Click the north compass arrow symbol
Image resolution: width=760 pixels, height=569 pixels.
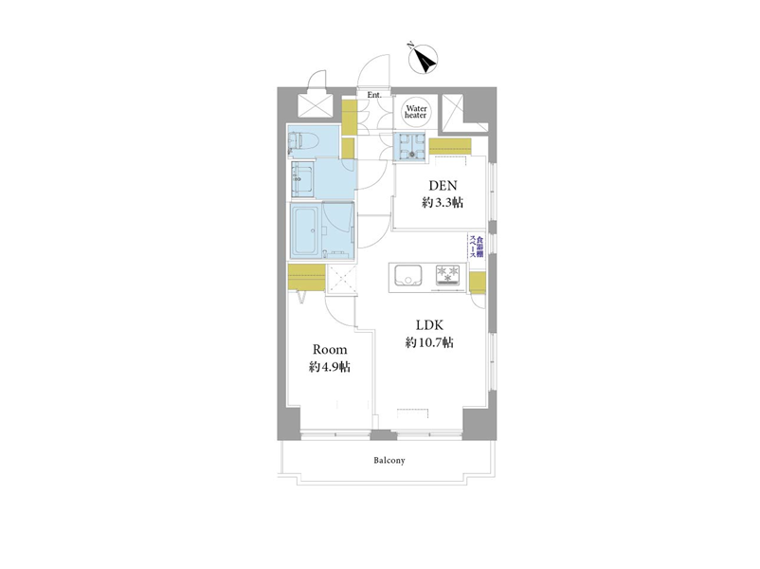(424, 59)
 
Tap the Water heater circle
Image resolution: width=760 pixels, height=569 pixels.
(415, 112)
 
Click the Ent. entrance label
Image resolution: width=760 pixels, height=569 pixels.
(373, 95)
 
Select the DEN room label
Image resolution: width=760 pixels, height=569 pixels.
(443, 185)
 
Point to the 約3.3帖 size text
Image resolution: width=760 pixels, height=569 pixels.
(443, 203)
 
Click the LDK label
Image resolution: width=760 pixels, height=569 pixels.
(429, 324)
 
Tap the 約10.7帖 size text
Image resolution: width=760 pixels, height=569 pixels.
(429, 342)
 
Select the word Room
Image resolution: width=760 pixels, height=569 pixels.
(330, 349)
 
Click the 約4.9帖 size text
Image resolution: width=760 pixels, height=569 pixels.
(330, 367)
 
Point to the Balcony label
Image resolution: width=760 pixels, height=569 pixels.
(389, 460)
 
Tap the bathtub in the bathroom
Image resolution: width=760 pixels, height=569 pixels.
(305, 230)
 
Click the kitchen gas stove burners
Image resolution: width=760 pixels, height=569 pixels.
(448, 274)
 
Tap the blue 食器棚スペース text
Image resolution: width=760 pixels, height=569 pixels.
(476, 247)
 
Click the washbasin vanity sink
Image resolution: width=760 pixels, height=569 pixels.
(302, 178)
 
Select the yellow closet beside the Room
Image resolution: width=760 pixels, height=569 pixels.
(306, 278)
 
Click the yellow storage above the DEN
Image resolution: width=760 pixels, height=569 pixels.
(450, 145)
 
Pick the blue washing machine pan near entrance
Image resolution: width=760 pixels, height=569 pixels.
(409, 145)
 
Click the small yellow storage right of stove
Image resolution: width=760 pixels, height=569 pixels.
(478, 283)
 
